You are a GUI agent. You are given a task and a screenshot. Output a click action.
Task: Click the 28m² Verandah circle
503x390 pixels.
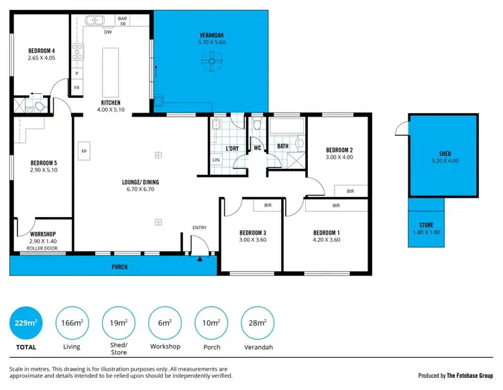[256, 324]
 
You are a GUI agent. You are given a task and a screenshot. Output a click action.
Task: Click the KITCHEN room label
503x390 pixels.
[111, 103]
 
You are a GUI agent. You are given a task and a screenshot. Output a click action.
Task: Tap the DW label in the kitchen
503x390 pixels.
[107, 31]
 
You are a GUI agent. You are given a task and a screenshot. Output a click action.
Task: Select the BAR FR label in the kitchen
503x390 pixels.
[123, 21]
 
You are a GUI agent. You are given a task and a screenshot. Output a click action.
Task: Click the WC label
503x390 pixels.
[257, 148]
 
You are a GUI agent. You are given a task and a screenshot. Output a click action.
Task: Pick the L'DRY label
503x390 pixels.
[233, 148]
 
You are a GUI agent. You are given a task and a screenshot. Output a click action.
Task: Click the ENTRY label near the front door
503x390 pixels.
[199, 228]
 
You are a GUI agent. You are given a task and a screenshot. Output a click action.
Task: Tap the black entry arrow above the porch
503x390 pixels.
[200, 258]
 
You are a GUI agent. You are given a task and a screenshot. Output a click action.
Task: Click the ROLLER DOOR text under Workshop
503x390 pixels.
[42, 248]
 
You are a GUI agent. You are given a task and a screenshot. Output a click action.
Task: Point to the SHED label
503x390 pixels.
[445, 153]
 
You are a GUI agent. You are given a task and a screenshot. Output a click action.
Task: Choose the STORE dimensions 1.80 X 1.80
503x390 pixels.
[427, 232]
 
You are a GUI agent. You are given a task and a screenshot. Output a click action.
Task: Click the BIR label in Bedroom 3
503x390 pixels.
[267, 206]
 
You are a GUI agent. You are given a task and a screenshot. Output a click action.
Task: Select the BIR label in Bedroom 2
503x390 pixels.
[351, 191]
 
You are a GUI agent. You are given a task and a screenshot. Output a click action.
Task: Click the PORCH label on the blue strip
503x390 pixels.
[119, 267]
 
